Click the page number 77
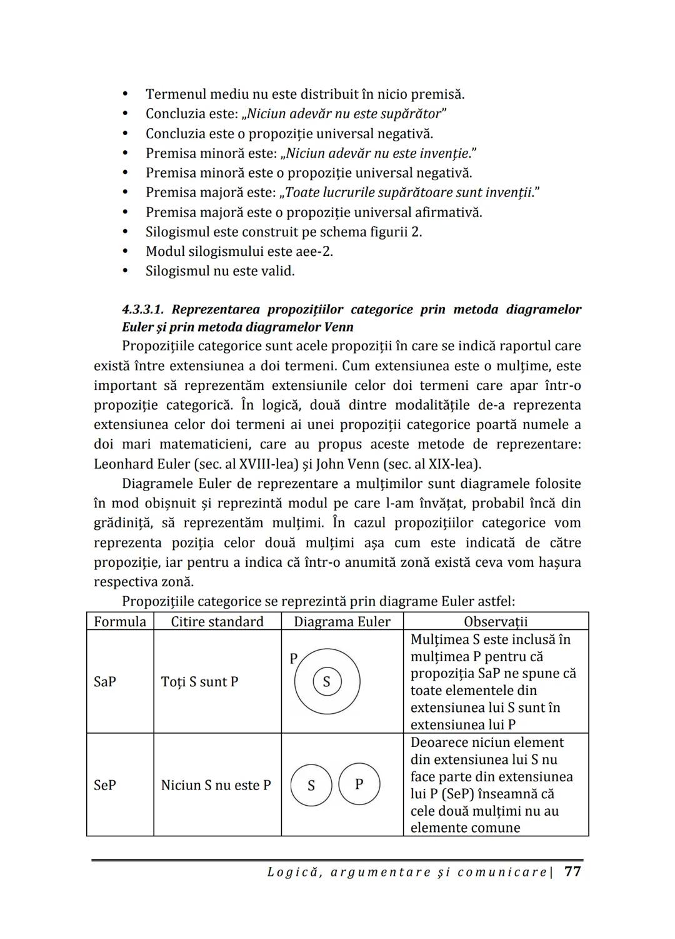(572, 871)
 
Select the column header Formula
(120, 621)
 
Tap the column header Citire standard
(217, 621)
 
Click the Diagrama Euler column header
(342, 621)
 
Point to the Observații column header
(496, 621)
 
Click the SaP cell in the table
(105, 681)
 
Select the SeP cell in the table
(105, 784)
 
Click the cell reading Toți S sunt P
(199, 681)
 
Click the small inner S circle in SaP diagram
(326, 681)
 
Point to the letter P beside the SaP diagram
(292, 658)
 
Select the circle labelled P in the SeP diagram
(359, 783)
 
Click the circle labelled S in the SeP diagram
(311, 785)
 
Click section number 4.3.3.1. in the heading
(143, 309)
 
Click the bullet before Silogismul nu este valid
(126, 272)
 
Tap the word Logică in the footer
(292, 872)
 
